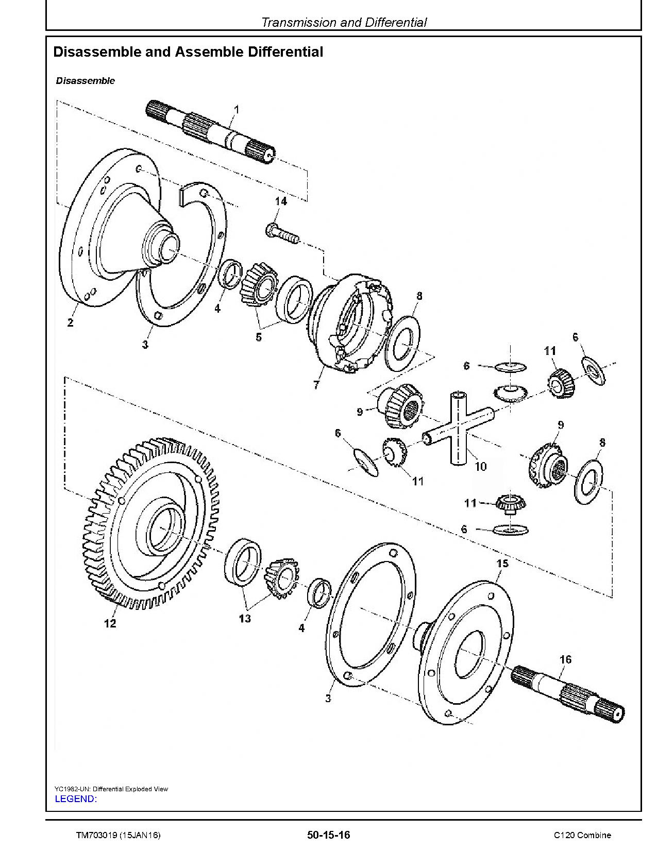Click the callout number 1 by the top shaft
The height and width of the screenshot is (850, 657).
point(237,109)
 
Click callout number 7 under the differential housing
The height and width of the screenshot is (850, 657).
point(316,384)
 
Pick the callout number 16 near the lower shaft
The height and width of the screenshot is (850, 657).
point(565,659)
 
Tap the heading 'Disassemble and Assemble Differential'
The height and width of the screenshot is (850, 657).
point(188,52)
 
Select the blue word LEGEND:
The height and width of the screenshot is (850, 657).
point(75,799)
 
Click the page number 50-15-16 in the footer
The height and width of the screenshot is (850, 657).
point(328,835)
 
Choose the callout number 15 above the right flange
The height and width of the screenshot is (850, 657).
point(502,563)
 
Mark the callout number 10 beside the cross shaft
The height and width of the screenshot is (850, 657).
point(480,466)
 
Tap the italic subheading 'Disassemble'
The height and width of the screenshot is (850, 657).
point(85,81)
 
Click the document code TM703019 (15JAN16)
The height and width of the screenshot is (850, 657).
point(118,835)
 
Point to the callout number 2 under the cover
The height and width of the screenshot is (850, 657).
point(70,323)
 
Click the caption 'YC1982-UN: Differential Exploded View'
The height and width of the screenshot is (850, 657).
point(111,789)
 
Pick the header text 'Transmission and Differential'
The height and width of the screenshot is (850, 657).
point(344,22)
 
